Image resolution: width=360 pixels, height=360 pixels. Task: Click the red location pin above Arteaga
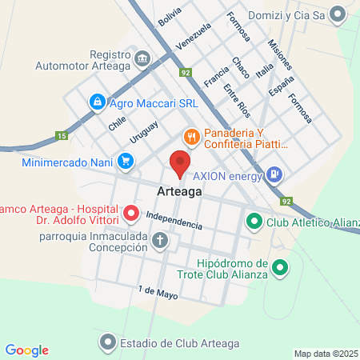click(179, 164)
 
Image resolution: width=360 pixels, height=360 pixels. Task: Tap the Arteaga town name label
click(179, 193)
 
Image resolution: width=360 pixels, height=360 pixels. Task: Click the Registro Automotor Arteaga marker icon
click(143, 58)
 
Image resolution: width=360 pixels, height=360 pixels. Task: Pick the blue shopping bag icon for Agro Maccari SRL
click(97, 102)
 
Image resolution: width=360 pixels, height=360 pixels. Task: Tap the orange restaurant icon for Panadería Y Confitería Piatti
click(190, 137)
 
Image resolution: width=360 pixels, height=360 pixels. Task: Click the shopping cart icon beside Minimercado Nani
click(125, 161)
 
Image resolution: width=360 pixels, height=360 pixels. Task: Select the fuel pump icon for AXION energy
click(274, 173)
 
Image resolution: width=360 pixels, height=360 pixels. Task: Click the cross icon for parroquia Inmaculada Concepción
click(161, 239)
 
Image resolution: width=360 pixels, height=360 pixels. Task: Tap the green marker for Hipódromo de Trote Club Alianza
click(280, 267)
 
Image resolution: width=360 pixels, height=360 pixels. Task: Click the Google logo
click(26, 350)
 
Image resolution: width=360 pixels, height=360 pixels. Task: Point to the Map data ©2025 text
click(326, 354)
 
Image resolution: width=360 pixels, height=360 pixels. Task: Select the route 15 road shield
click(62, 136)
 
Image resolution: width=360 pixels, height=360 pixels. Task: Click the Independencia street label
click(174, 220)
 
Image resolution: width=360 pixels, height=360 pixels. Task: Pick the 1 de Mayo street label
click(156, 293)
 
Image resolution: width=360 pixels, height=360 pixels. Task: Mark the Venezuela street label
click(193, 36)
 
